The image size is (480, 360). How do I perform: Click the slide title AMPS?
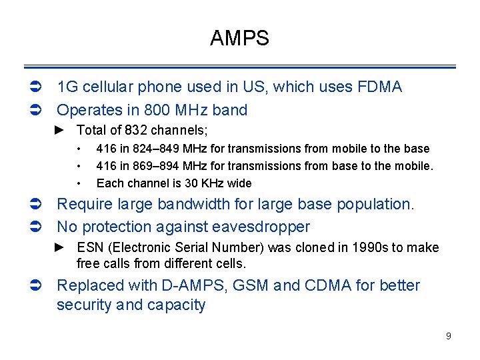pos(239,39)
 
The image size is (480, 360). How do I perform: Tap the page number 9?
pos(448,336)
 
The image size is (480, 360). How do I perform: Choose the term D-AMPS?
pos(196,285)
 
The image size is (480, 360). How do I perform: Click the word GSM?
pos(251,285)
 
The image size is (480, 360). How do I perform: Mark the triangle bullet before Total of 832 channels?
pos(59,130)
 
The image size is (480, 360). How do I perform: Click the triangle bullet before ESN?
pos(59,247)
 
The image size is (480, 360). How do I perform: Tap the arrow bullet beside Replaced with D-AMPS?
pos(38,286)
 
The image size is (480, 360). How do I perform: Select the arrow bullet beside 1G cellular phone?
pos(38,87)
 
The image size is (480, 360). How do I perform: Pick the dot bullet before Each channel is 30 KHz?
pos(79,183)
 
